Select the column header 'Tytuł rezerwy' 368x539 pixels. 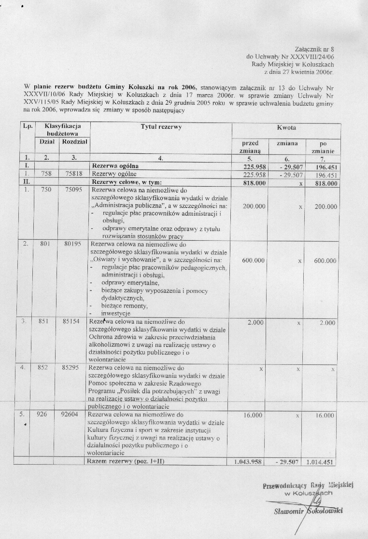(x=161, y=127)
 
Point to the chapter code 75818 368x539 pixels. (x=74, y=174)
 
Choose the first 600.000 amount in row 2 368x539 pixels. (x=253, y=260)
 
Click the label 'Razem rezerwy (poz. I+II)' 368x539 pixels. (x=125, y=461)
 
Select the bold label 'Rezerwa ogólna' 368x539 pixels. (x=116, y=166)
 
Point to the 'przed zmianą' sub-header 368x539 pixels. (x=250, y=147)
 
